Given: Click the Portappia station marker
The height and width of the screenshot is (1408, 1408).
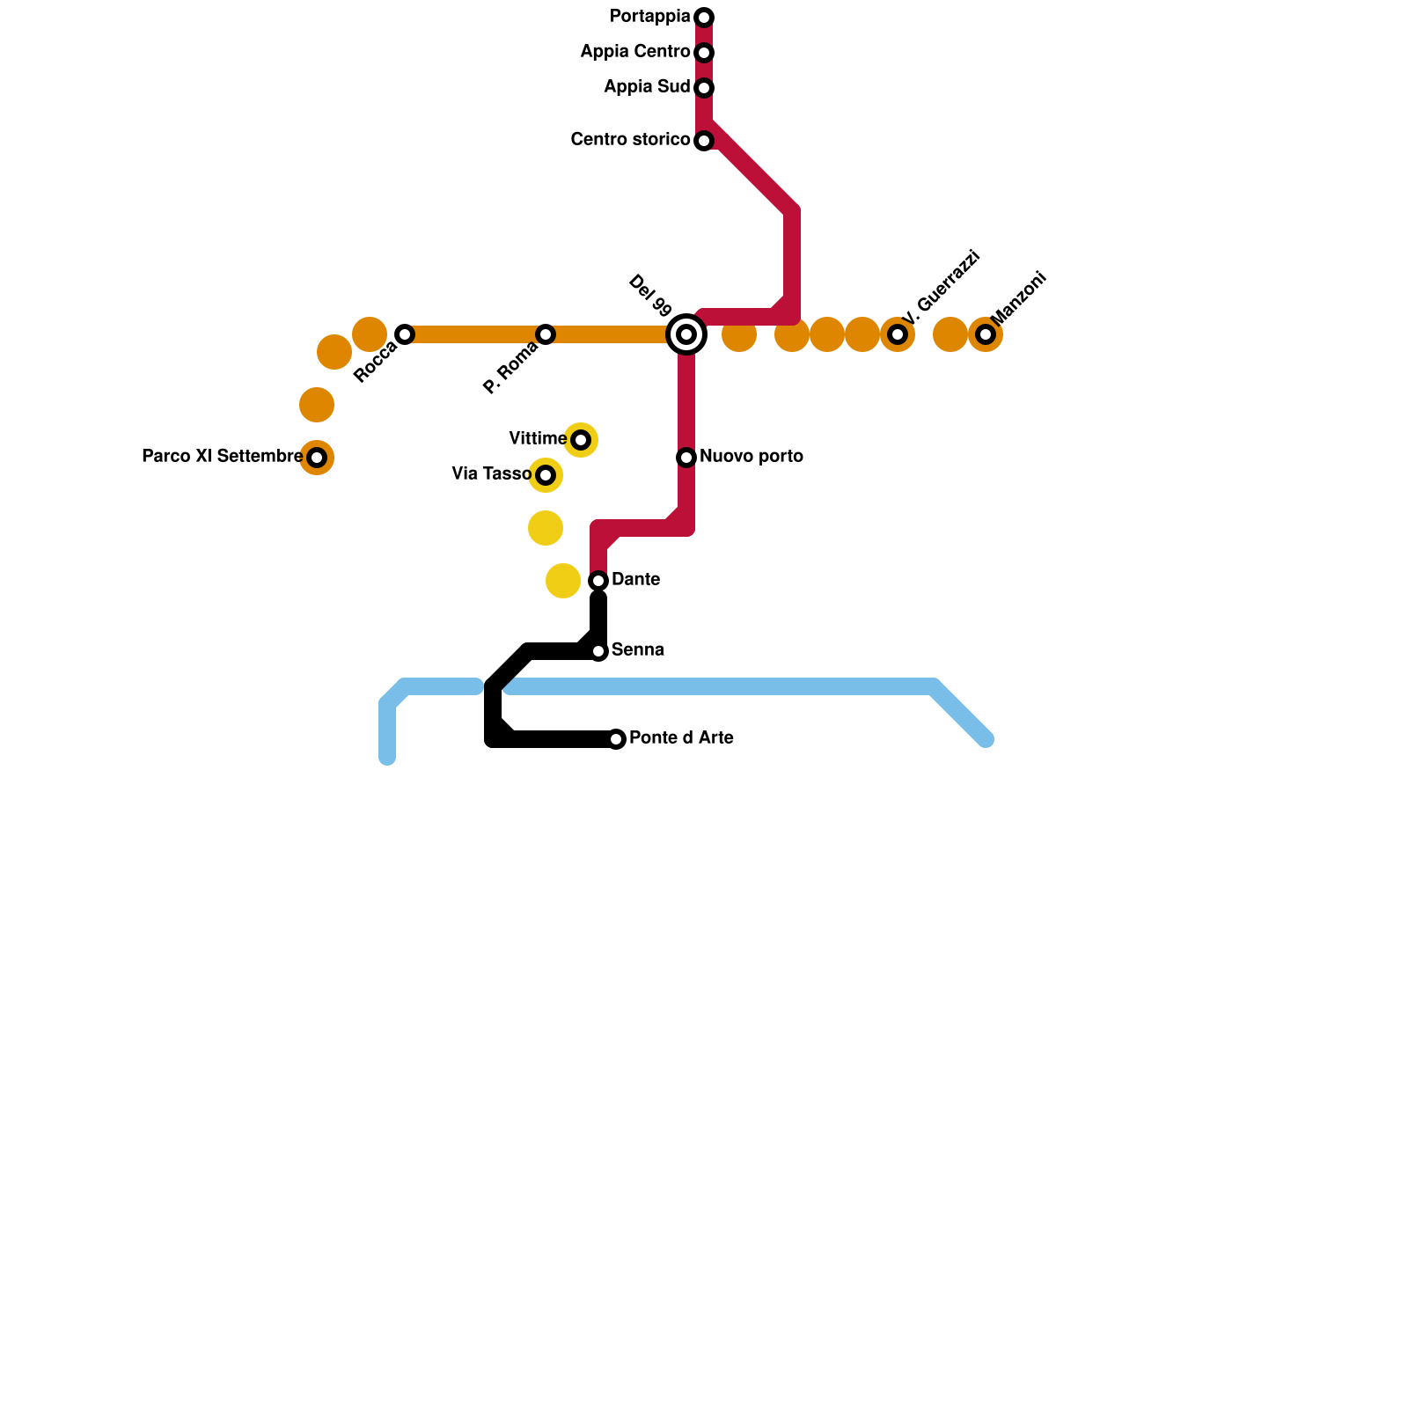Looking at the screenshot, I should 704,18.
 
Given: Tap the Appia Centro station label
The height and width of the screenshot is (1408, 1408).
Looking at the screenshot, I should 634,52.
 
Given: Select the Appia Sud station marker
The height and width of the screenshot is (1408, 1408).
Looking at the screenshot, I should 704,88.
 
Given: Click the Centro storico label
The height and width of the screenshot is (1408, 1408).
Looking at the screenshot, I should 630,140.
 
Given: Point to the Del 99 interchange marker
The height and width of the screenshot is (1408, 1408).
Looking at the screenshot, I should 686,334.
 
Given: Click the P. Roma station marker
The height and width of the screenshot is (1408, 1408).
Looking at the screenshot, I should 546,334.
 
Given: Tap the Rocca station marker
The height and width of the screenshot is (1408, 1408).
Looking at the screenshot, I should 405,334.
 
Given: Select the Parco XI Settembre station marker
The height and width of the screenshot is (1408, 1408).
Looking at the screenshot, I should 317,458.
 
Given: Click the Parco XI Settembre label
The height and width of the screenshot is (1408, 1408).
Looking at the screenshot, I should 222,457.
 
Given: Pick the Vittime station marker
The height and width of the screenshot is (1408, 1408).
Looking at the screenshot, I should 581,440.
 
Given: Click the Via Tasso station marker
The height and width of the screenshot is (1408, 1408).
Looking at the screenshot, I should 546,475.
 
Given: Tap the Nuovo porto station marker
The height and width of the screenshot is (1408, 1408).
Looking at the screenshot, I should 686,458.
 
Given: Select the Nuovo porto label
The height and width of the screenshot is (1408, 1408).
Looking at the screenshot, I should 752,457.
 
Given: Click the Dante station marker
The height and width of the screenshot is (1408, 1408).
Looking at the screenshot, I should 598,581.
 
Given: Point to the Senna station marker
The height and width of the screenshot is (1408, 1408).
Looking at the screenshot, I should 598,651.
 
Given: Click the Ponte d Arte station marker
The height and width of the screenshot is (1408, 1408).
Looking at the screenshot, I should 616,739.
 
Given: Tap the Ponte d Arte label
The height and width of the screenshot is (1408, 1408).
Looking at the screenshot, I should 681,738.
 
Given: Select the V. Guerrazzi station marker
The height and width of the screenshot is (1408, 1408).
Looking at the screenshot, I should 898,334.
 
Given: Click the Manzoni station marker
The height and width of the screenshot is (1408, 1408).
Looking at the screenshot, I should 986,334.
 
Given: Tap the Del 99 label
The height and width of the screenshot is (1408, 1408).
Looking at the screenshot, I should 650,296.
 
